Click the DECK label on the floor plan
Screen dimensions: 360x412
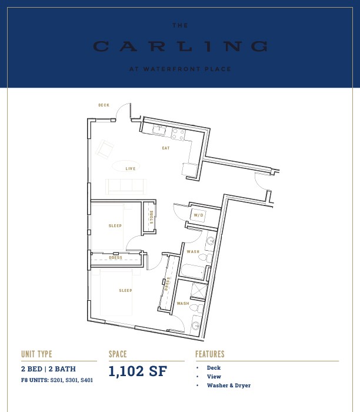104,105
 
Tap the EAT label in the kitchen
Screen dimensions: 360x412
166,148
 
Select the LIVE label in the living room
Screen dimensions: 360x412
131,169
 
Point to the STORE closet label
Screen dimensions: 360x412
152,217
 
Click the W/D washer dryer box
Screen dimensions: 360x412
198,215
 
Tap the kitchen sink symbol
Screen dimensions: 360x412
159,130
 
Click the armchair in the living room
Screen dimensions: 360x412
105,149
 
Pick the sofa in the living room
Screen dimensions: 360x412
126,187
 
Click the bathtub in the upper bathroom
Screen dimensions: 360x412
192,271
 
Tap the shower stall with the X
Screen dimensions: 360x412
198,291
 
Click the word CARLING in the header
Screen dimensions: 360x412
180,46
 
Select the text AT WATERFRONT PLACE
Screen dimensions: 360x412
180,69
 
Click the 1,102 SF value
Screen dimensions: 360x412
138,371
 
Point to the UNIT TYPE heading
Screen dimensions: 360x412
36,354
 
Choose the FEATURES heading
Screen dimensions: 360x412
210,354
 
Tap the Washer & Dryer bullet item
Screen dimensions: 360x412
229,386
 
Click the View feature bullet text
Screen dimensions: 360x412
214,377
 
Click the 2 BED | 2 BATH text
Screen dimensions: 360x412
48,369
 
